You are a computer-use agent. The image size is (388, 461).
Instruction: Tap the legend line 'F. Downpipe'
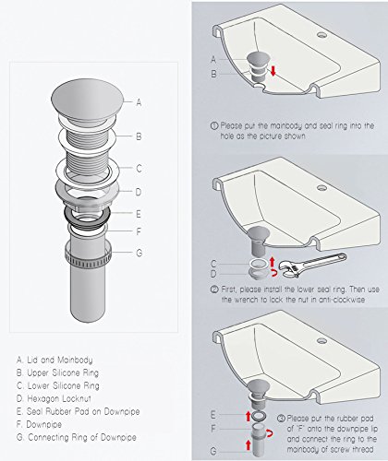(42, 422)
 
